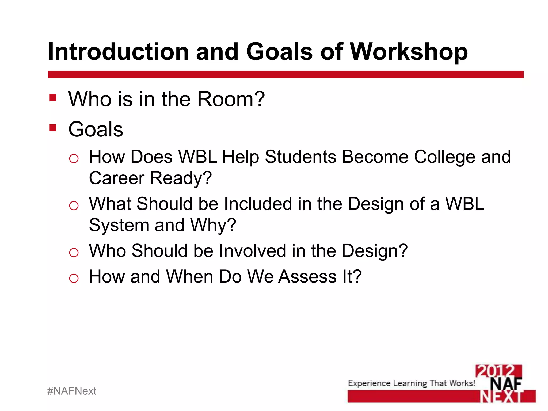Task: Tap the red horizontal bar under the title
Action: pyautogui.click(x=286, y=74)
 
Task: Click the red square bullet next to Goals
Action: pyautogui.click(x=53, y=128)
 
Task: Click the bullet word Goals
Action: pyautogui.click(x=96, y=130)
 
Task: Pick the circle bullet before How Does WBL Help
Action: pyautogui.click(x=74, y=159)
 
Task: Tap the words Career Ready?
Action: pyautogui.click(x=150, y=178)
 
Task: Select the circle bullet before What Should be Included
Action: pyautogui.click(x=74, y=206)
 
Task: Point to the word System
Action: pyautogui.click(x=119, y=225)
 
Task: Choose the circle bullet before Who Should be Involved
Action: pyautogui.click(x=74, y=253)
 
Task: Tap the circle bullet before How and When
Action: pyautogui.click(x=74, y=278)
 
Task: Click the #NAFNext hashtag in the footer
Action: pyautogui.click(x=71, y=391)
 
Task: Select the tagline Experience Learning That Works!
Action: pyautogui.click(x=411, y=383)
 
